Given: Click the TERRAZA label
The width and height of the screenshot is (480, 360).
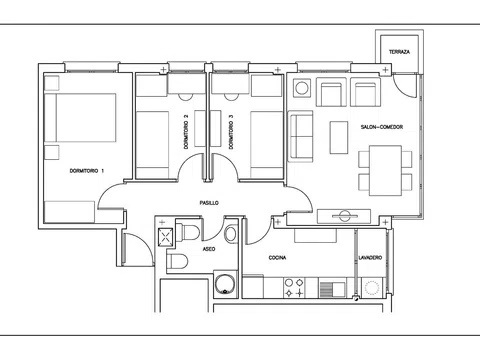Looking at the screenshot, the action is point(399,52).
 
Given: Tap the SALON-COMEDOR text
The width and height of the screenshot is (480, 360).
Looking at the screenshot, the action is point(382,127).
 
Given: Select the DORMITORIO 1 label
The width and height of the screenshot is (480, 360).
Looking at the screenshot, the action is point(87,171).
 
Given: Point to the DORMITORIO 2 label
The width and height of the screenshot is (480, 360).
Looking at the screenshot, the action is point(186,132).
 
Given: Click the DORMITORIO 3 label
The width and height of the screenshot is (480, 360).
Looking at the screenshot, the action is point(231,132).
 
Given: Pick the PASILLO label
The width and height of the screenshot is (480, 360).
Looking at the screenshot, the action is point(209,203).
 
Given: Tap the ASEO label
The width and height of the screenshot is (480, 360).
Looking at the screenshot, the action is point(209,249).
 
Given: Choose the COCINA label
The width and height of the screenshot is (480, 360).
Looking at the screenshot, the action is point(277,258).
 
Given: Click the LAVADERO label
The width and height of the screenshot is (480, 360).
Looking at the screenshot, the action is point(370,258).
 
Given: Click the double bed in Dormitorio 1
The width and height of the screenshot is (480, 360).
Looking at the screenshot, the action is point(80,118).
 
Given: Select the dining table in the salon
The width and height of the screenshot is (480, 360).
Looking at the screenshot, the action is point(385,170).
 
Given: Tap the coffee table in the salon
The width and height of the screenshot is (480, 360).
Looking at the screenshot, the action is point(339,137).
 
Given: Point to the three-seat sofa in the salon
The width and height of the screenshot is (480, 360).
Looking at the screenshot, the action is point(301,136).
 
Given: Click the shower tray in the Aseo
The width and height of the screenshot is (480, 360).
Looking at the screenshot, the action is point(166,237).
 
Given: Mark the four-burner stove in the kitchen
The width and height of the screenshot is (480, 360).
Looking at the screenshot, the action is point(294,288).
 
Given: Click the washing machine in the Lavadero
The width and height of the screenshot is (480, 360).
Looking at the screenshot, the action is point(372,287).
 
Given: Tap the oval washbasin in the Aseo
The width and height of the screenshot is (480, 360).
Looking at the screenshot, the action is point(231,234).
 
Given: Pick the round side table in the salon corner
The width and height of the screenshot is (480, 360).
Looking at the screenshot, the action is point(302,89).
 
